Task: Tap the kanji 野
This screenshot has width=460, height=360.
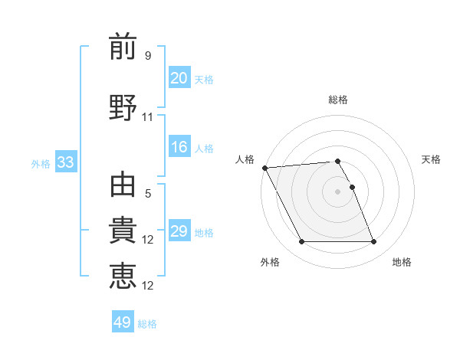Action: tap(123, 107)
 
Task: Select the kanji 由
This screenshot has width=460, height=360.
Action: tap(123, 185)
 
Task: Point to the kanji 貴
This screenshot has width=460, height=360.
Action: tap(123, 231)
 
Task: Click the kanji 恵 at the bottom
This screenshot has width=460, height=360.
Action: tap(123, 277)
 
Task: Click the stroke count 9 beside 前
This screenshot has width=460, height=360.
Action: tap(148, 55)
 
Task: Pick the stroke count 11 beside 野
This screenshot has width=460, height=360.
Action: tap(148, 117)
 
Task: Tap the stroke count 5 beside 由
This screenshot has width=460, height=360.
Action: tap(148, 194)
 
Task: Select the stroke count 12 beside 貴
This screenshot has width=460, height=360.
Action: tap(148, 240)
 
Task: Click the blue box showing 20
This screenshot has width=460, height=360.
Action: tap(179, 78)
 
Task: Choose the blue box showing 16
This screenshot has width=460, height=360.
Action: tap(179, 147)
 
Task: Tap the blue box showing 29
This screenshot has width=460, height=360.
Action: tap(179, 231)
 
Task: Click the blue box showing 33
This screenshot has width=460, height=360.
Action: tap(65, 162)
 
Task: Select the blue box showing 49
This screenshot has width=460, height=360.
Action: tap(123, 322)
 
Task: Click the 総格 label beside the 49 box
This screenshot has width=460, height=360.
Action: tap(148, 324)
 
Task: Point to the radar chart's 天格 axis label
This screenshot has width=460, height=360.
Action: tap(431, 159)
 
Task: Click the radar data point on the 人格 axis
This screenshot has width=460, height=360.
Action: tap(264, 168)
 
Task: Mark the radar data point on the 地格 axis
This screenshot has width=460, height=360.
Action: tap(373, 242)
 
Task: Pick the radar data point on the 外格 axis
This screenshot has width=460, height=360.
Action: tap(301, 242)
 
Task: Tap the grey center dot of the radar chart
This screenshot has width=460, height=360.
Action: tap(337, 191)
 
